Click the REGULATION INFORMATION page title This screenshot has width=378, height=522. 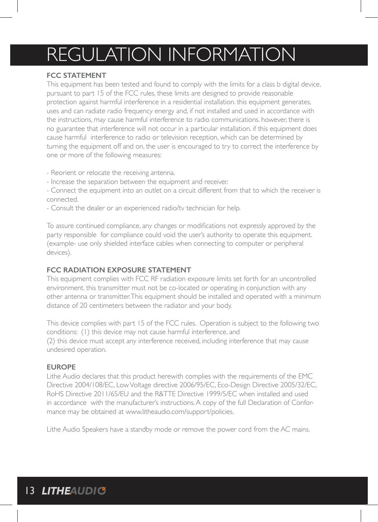pos(171,55)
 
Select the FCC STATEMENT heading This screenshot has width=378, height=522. pos(76,75)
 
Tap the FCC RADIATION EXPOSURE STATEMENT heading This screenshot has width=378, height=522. pos(119,270)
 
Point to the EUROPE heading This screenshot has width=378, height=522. pos(61,367)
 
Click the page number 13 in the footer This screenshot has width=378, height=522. pos(30,491)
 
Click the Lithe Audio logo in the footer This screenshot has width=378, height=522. pos(74,491)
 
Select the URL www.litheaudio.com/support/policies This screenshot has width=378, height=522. pos(179,412)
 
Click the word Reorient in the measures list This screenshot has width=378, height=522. pos(64,173)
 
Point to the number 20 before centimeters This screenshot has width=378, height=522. pos(84,305)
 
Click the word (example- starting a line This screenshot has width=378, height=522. pos(61,243)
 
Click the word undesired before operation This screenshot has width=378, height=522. pos(61,349)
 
